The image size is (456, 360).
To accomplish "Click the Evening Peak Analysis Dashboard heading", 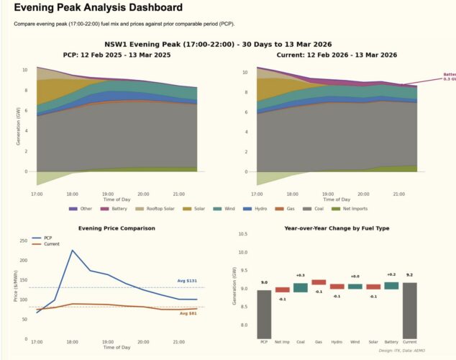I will pyautogui.click(x=98, y=8).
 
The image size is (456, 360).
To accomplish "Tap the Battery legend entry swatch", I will pyautogui.click(x=105, y=209).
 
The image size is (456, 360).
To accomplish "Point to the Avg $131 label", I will pyautogui.click(x=187, y=281).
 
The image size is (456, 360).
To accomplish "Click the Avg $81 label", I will pyautogui.click(x=188, y=313).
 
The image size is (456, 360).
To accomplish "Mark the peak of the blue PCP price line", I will pyautogui.click(x=72, y=251).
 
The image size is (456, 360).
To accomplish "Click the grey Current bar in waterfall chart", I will pyautogui.click(x=410, y=310).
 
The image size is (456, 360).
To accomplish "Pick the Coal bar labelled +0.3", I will pyautogui.click(x=301, y=288).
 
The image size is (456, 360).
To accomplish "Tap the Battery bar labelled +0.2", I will pyautogui.click(x=391, y=286).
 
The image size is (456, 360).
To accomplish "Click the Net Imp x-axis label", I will pyautogui.click(x=283, y=342).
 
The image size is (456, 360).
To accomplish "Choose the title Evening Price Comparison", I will pyautogui.click(x=117, y=228).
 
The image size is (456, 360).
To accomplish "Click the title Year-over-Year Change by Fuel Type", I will pyautogui.click(x=337, y=228).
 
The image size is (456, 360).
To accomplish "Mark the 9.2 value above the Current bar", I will pyautogui.click(x=410, y=275).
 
